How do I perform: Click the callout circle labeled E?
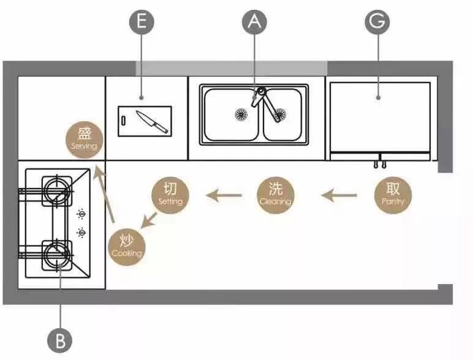pos(142,23)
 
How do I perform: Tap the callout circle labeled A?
pos(255,23)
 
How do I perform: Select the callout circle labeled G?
pos(377,23)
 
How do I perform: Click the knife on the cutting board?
pos(152,121)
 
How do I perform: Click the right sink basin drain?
pos(279,114)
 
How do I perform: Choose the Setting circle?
pos(170,194)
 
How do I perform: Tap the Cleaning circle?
pos(276,195)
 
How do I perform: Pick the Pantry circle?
pos(393,194)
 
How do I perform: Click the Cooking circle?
pos(127,247)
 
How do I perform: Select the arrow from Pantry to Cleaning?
pos(339,196)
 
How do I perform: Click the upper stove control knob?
pos(80,214)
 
